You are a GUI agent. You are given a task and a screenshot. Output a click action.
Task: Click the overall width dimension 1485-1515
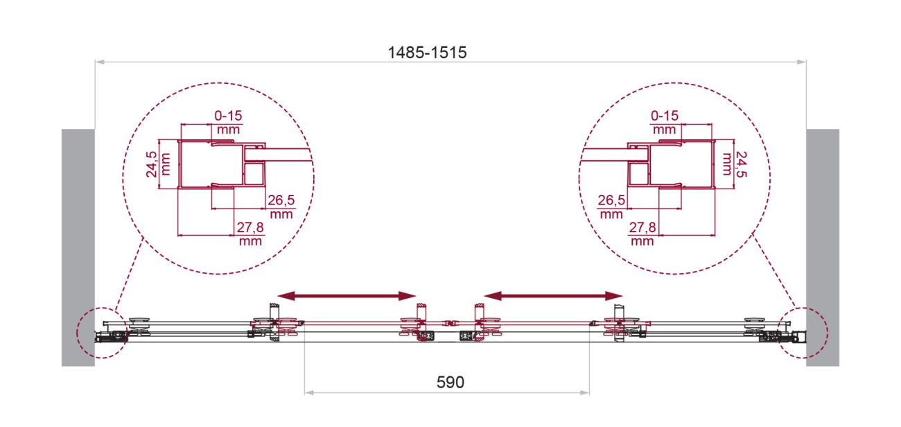(x=427, y=52)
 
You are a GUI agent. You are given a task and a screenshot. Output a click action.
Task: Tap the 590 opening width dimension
(x=450, y=383)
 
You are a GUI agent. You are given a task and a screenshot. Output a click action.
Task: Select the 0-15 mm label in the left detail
(x=228, y=122)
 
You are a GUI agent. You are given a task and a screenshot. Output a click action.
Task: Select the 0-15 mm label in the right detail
(x=665, y=122)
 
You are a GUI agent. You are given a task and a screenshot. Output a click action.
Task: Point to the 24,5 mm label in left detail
(x=158, y=164)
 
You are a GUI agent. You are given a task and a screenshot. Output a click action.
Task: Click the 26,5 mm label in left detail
(x=281, y=207)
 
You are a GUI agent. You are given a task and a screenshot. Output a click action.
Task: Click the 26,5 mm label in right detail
(x=611, y=207)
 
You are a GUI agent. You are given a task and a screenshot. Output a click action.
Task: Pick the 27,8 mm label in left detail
(x=250, y=234)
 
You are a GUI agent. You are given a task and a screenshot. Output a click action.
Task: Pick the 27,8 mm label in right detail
(x=642, y=234)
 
